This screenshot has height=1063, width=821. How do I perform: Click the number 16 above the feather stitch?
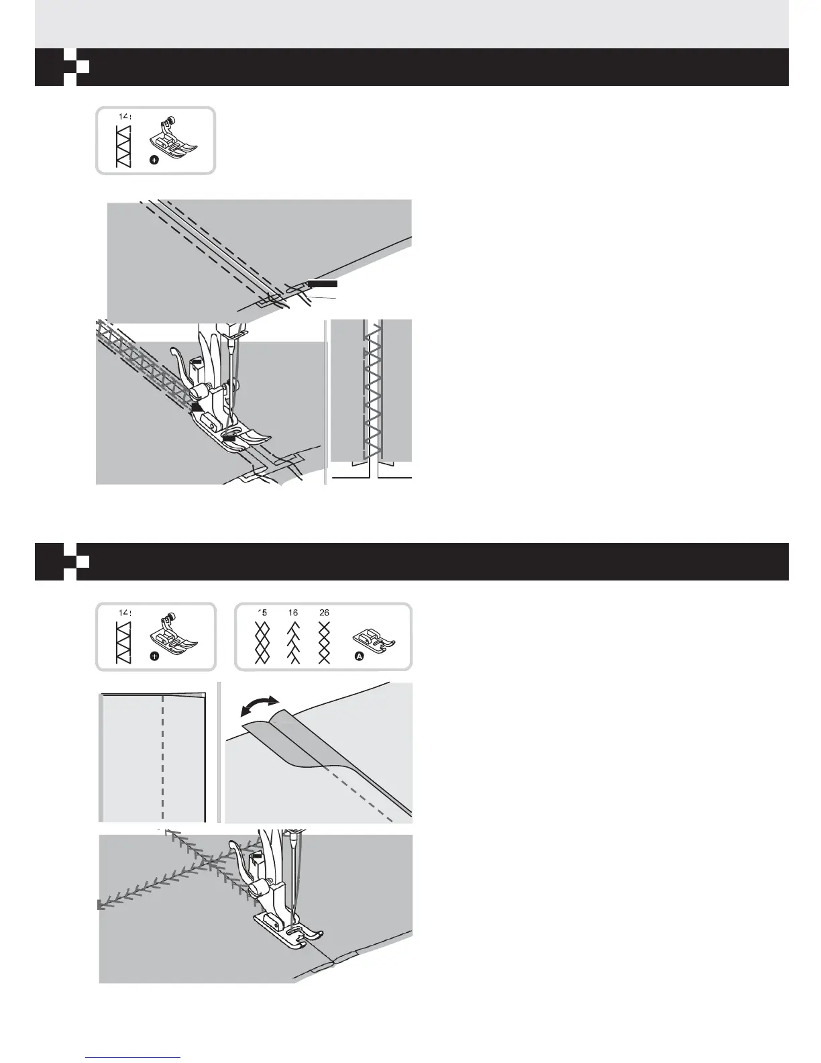click(293, 613)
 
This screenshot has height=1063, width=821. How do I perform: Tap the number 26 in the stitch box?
click(324, 613)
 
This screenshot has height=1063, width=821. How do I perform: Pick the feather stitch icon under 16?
click(293, 642)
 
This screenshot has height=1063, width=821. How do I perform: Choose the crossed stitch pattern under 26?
click(325, 642)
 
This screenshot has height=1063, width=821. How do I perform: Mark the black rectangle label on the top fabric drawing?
click(322, 284)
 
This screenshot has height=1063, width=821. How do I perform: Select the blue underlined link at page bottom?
click(133, 1057)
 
